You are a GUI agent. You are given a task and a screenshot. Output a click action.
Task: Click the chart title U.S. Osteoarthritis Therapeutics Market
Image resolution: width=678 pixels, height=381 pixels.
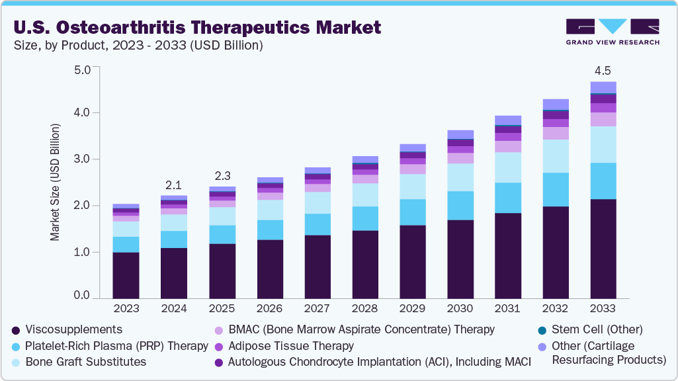click(196, 27)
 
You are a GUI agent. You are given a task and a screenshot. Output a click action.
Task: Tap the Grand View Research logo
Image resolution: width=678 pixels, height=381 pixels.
click(613, 31)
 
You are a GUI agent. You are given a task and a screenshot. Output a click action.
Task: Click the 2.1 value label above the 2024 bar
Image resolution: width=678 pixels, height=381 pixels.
click(173, 184)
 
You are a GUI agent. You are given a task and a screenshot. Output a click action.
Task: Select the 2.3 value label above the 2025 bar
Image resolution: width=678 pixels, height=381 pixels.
click(222, 175)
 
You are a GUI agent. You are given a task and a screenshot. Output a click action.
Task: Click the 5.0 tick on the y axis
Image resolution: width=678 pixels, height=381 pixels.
click(82, 69)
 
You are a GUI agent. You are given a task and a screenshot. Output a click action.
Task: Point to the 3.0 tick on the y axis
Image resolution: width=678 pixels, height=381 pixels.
click(82, 159)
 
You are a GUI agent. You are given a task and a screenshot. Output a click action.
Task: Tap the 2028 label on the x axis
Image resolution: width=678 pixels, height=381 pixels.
click(365, 308)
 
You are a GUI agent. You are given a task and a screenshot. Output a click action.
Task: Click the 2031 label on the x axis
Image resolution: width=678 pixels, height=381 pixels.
click(508, 308)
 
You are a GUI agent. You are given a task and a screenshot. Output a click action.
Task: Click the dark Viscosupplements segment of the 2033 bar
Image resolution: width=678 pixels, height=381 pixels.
click(603, 248)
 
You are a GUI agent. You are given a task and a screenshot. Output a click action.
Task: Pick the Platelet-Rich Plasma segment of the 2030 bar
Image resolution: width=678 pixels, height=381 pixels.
click(460, 206)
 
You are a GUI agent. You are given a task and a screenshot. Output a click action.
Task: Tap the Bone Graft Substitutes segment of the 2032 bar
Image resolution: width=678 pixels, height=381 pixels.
click(555, 156)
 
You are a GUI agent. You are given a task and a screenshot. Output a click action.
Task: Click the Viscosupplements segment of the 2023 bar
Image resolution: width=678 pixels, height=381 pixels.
click(126, 275)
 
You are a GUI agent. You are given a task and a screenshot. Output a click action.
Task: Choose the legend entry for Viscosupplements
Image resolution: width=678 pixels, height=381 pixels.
click(73, 329)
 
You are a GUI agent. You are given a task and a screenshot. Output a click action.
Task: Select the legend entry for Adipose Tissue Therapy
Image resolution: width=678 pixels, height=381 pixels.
click(290, 346)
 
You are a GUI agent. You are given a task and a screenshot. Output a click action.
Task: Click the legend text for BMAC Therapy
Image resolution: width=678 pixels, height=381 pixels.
click(360, 329)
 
